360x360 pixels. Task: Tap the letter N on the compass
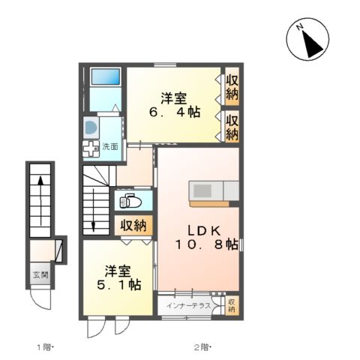tap(299, 28)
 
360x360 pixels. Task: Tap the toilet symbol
tap(129, 201)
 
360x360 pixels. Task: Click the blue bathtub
tap(104, 77)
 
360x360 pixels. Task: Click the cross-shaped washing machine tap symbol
tap(91, 148)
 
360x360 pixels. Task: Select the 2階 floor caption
tap(202, 347)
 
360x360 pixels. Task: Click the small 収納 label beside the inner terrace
tap(231, 305)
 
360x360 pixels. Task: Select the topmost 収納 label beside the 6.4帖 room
tap(232, 88)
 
